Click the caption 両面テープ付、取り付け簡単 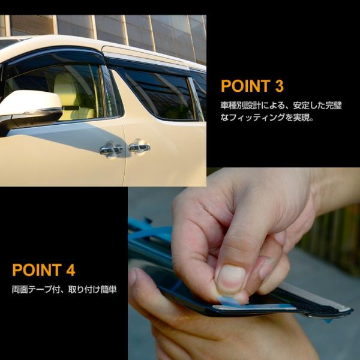tap(64, 290)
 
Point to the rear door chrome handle tap(139, 146)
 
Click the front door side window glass tap(66, 90)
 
